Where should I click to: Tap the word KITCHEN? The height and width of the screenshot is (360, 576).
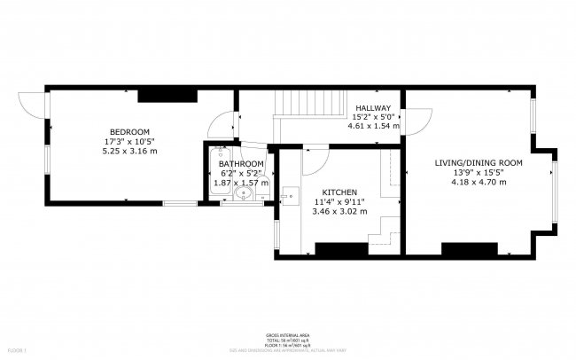(x=339, y=192)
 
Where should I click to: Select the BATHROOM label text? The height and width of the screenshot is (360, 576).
(x=241, y=164)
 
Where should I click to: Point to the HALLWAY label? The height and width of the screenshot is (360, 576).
(x=373, y=107)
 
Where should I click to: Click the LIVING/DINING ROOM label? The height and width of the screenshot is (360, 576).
(x=479, y=163)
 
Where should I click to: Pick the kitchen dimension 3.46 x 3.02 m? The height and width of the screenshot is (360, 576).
(x=339, y=211)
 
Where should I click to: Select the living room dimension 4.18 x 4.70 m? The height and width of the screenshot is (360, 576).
(x=479, y=183)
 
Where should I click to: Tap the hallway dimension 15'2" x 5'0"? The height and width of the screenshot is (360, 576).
(x=373, y=117)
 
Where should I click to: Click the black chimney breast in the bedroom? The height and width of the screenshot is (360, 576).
(x=167, y=95)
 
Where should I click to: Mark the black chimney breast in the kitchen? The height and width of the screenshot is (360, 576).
(x=341, y=249)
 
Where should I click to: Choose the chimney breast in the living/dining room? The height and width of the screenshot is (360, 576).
(x=469, y=249)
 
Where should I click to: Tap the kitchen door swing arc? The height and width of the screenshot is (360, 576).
(x=315, y=160)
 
